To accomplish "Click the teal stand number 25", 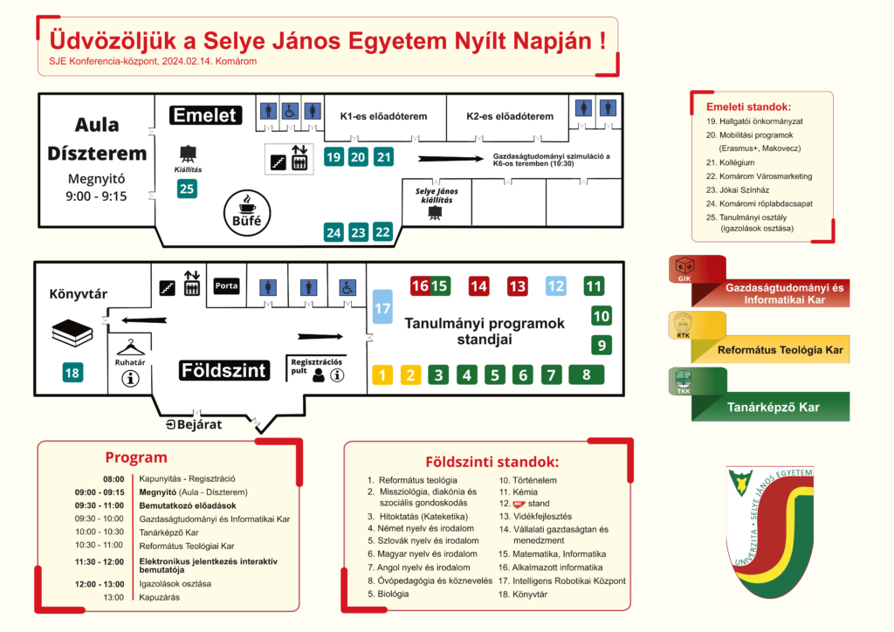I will [x=187, y=188].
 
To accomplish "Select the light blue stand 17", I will [x=382, y=308].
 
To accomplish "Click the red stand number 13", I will [x=518, y=285].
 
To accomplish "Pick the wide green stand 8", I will [x=587, y=375].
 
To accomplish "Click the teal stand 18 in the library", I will [x=72, y=373].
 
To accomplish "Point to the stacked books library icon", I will [x=72, y=332].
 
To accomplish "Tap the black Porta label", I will [x=226, y=285].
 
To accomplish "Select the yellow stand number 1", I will [x=382, y=375].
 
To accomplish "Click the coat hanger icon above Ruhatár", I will [x=130, y=346].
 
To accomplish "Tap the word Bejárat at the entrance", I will [x=199, y=425].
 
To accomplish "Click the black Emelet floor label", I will [x=205, y=115].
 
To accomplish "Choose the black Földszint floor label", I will [x=223, y=370].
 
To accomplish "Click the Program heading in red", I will [x=136, y=457].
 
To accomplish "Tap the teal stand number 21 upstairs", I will [x=384, y=157].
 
